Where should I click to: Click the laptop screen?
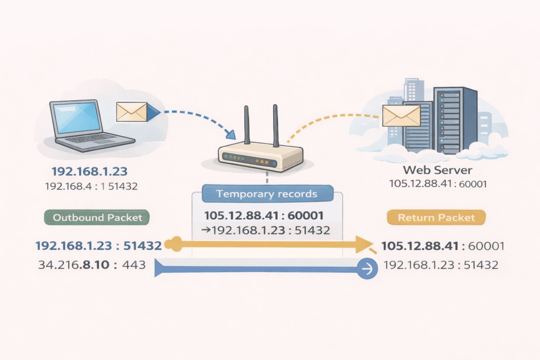(x=76, y=117)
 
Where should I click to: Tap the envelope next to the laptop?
(x=131, y=111)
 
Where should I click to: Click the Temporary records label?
(x=267, y=193)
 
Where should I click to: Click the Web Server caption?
(x=437, y=170)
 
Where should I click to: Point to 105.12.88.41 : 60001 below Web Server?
(x=437, y=184)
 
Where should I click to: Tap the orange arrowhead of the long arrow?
(x=364, y=244)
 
